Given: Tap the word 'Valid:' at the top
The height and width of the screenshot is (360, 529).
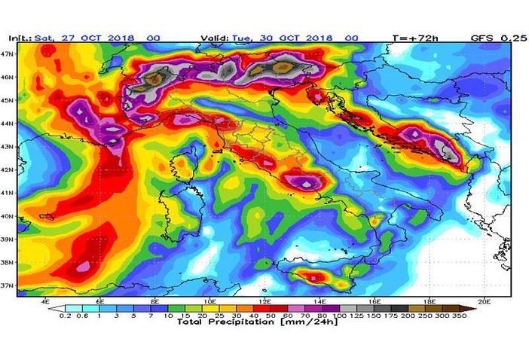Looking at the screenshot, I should pos(215,37).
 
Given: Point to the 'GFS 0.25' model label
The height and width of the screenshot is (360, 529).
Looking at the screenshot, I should pos(498,37).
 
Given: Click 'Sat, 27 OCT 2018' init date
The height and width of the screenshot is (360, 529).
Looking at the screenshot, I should pos(83,37).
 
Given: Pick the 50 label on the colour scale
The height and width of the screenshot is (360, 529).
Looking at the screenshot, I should pos(258,316).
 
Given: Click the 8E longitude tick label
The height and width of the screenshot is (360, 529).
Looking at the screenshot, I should pos(157,301).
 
